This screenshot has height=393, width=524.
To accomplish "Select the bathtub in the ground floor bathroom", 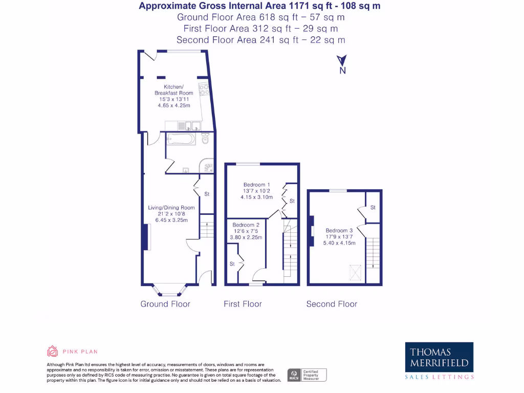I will point(180,139).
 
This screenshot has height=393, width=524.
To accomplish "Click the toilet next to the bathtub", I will point(206,138).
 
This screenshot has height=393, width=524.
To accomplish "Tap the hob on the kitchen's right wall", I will point(204,90).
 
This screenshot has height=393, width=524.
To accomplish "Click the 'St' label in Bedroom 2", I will point(232,264).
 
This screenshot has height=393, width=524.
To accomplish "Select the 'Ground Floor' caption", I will point(165,304).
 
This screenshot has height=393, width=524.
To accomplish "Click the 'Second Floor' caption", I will point(332,304).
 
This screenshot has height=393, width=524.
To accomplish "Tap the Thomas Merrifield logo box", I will point(439,358).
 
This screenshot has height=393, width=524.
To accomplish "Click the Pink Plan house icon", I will point(52,351).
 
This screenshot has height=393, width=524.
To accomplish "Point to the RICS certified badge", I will point(307,375).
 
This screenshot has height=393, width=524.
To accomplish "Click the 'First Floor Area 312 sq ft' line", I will point(260,29).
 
